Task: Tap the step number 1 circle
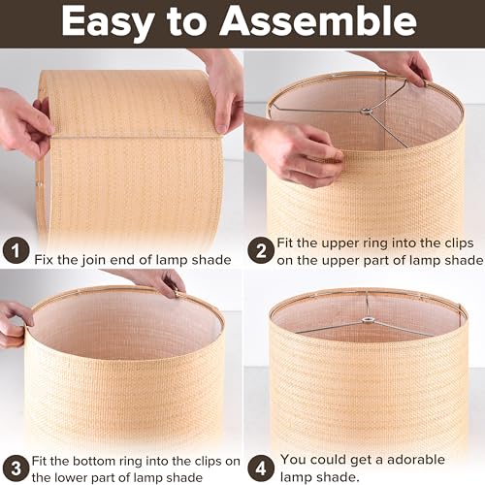coord(14,252)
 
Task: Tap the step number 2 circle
coord(260,251)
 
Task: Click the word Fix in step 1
coord(47,259)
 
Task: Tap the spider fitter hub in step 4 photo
coord(369,321)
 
